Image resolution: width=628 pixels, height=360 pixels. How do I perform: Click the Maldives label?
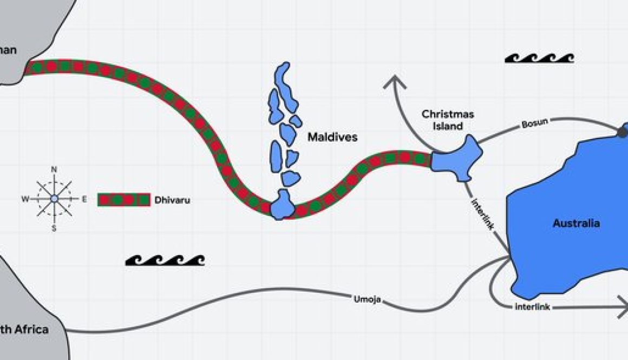(332, 138)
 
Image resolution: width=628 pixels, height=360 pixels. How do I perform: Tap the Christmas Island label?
(448, 120)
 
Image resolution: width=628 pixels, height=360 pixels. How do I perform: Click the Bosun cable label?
(534, 123)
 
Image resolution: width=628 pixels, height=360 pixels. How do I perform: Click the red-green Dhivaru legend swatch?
(123, 200)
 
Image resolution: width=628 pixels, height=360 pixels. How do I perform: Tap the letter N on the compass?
(54, 169)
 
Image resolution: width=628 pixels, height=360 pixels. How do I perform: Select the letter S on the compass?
(54, 228)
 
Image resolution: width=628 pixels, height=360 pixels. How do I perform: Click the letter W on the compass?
(25, 199)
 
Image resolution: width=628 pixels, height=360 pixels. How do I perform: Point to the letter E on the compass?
(84, 199)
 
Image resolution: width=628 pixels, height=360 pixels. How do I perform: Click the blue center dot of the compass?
(54, 199)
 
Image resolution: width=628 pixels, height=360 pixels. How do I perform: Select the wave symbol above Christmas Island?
(539, 58)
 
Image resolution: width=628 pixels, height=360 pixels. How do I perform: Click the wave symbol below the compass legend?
(165, 260)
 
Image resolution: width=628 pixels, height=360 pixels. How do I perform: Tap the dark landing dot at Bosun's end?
(622, 132)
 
